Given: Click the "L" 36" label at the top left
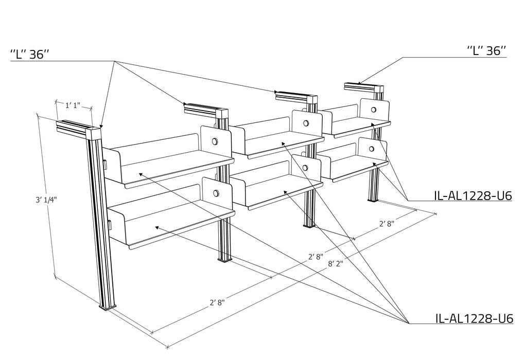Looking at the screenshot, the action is click(x=30, y=54).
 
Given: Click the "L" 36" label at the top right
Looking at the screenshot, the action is click(x=486, y=50).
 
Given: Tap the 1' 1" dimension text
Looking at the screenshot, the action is click(x=73, y=105).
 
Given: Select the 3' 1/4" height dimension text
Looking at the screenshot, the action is click(x=46, y=200).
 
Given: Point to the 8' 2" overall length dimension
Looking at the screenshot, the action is click(x=336, y=264).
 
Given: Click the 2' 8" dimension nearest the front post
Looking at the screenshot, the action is click(x=217, y=302).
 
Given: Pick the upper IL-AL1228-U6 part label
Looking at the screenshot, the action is click(x=473, y=195).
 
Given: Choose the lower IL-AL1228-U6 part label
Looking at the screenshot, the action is click(x=474, y=318).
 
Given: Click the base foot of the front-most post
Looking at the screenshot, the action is click(x=108, y=306).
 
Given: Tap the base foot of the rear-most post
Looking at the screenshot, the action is click(x=373, y=200).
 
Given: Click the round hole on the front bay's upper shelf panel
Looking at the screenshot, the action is click(x=214, y=141).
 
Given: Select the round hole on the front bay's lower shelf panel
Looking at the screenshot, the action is click(x=216, y=193).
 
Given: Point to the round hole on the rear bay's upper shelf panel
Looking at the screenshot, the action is click(x=373, y=110).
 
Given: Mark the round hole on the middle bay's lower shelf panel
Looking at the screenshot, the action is click(x=305, y=167).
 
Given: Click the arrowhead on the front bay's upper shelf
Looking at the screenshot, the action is click(x=141, y=174).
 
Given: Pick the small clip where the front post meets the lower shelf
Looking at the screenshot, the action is click(x=109, y=225).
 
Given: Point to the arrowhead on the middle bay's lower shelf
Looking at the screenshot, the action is click(x=285, y=192).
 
